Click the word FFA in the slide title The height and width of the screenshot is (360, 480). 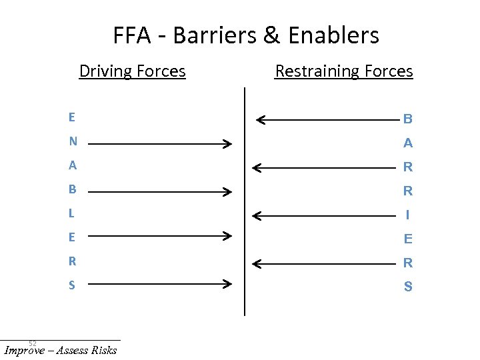pyautogui.click(x=133, y=35)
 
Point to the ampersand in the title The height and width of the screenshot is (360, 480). pyautogui.click(x=272, y=35)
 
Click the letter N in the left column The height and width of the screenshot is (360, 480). pyautogui.click(x=73, y=142)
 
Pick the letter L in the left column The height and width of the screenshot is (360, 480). pyautogui.click(x=71, y=214)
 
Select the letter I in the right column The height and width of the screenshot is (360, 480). pyautogui.click(x=408, y=215)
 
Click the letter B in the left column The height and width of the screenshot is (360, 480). pyautogui.click(x=72, y=189)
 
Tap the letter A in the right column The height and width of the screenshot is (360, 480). pyautogui.click(x=408, y=143)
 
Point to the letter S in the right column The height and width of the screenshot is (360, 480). pyautogui.click(x=408, y=287)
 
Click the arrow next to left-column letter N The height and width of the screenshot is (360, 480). pyautogui.click(x=160, y=143)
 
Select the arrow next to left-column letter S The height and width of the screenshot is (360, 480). pyautogui.click(x=160, y=285)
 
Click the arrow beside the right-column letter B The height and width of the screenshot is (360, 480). pyautogui.click(x=327, y=120)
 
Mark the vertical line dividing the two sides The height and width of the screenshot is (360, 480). pyautogui.click(x=245, y=200)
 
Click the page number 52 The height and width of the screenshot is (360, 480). pyautogui.click(x=32, y=343)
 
